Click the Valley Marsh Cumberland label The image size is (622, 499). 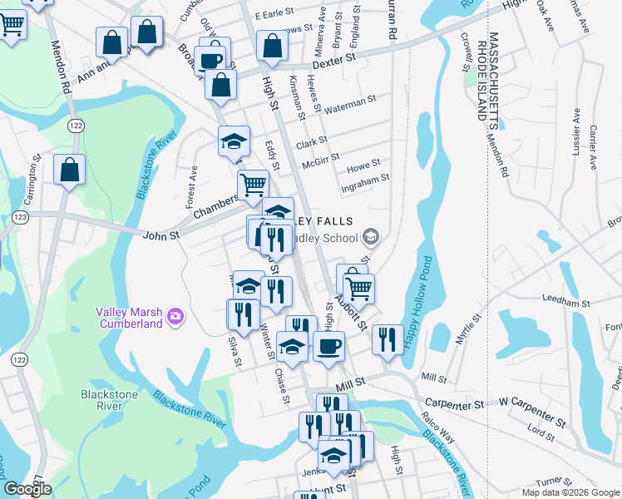(x=128, y=318)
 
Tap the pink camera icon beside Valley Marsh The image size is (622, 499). (x=175, y=315)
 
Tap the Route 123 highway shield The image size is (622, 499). (x=20, y=217)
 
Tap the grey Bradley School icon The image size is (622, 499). (x=372, y=237)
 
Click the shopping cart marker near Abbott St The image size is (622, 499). (x=358, y=288)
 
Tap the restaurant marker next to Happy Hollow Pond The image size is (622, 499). (x=388, y=338)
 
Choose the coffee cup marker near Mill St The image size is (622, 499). (x=328, y=344)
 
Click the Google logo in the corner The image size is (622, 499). (x=28, y=489)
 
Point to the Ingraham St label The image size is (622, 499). (x=366, y=179)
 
